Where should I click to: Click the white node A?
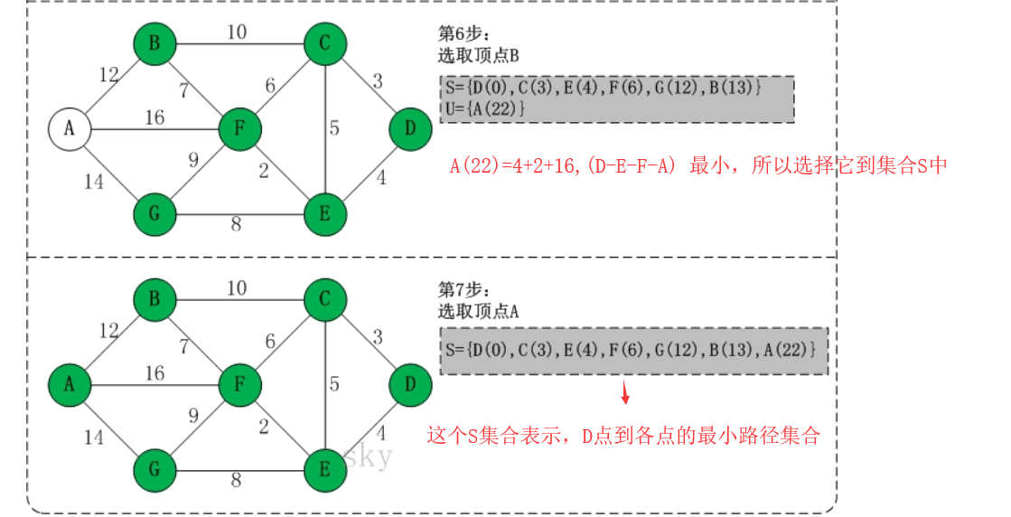(70, 128)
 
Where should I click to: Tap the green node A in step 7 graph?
(70, 384)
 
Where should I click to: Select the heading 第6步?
(463, 33)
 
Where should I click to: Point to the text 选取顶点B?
(479, 55)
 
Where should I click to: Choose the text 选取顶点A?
(479, 311)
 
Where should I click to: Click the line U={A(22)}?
(484, 108)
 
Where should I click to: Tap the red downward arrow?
(624, 395)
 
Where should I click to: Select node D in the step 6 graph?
(411, 128)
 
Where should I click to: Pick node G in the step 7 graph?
(154, 470)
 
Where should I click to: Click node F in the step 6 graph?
(239, 128)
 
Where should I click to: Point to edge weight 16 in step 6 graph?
(154, 117)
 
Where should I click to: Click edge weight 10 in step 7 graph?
(237, 288)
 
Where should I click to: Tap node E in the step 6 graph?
(325, 214)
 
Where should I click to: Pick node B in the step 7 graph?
(154, 299)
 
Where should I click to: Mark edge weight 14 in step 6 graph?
(94, 182)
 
